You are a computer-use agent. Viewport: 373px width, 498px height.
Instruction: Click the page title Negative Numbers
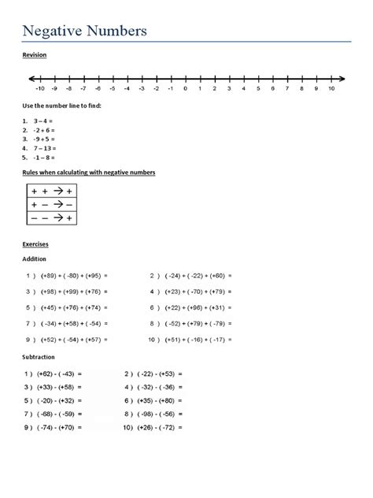(84, 31)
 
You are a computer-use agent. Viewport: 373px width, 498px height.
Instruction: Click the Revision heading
(34, 55)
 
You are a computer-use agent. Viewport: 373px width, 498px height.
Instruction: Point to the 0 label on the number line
(186, 88)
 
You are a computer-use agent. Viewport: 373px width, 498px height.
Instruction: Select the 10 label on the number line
(331, 88)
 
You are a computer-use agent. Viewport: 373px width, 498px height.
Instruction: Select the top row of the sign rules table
(52, 191)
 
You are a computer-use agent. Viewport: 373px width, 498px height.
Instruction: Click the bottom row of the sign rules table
(52, 217)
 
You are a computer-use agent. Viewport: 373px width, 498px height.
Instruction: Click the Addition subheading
(34, 258)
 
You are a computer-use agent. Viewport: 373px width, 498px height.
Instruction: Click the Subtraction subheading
(39, 357)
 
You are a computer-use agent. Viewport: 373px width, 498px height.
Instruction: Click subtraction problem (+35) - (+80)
(157, 400)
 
